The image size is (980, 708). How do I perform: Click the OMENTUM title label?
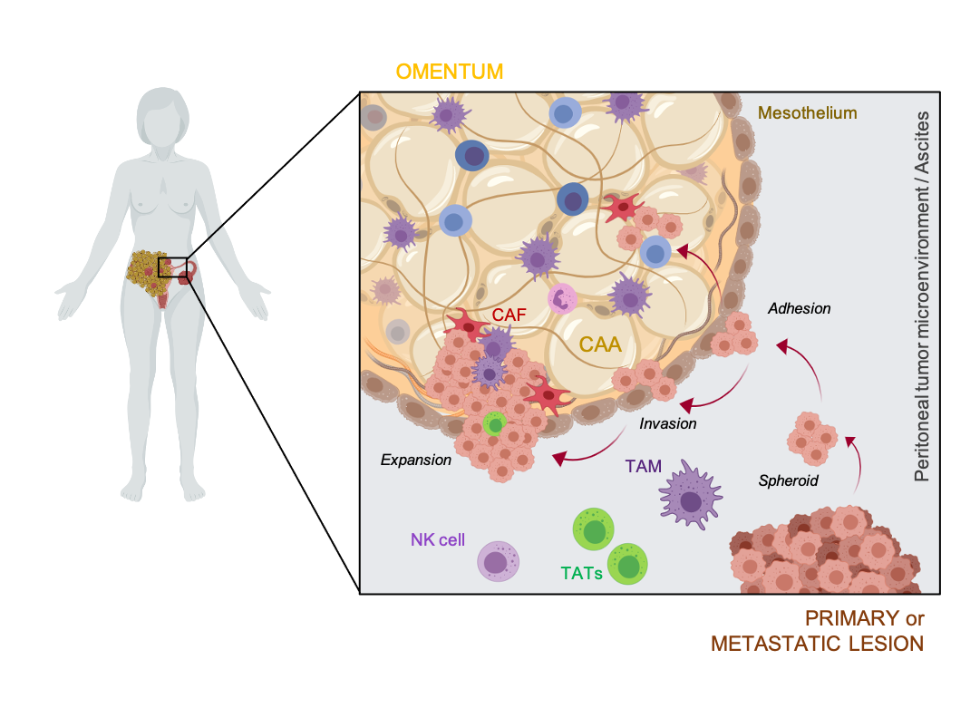click(450, 72)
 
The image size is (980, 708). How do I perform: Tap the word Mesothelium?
click(807, 113)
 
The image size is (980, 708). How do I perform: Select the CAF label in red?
click(509, 315)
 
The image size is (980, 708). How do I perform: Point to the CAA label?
click(600, 344)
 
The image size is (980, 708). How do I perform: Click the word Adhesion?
click(800, 309)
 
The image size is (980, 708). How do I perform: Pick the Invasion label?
click(667, 423)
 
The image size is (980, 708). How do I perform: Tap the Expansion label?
click(415, 460)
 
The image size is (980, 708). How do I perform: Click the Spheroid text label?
click(788, 480)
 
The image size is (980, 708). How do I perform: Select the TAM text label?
click(643, 466)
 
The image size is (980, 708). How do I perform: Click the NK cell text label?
click(438, 540)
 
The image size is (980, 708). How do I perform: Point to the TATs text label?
click(581, 573)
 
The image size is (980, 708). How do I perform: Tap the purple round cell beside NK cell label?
click(498, 561)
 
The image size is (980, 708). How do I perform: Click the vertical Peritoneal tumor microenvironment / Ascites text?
click(921, 296)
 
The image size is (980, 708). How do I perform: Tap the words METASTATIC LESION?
click(817, 644)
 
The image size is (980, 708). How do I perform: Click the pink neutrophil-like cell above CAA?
click(562, 298)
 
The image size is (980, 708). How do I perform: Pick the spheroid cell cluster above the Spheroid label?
click(812, 439)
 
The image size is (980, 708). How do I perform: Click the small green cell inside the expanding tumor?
click(495, 425)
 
